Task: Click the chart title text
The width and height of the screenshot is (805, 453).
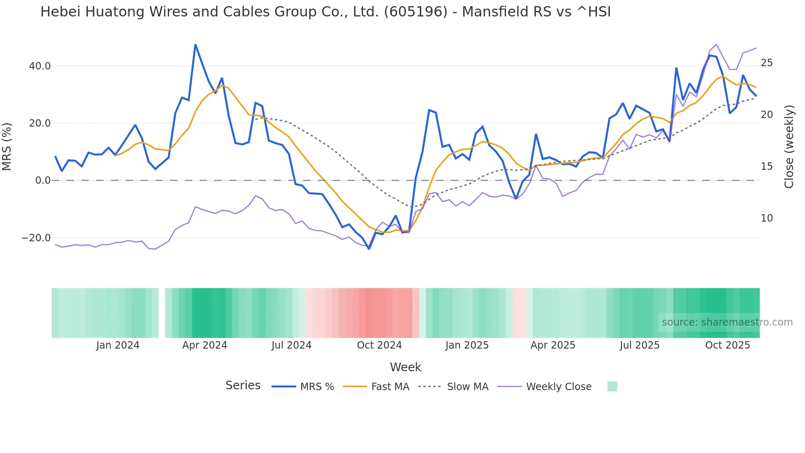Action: pyautogui.click(x=325, y=12)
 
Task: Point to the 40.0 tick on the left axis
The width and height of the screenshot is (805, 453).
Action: pyautogui.click(x=40, y=66)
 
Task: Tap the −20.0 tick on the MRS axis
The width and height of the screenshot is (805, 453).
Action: pyautogui.click(x=36, y=238)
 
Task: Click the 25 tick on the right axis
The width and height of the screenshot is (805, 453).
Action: pyautogui.click(x=766, y=63)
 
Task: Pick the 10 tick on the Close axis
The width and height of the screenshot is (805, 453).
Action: pyautogui.click(x=766, y=218)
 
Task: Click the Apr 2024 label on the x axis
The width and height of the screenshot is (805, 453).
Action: pyautogui.click(x=205, y=345)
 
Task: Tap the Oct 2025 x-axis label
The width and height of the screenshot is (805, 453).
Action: pyautogui.click(x=727, y=345)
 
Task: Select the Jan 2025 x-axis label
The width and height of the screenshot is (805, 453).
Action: pyautogui.click(x=467, y=345)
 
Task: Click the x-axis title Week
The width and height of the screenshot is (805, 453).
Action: pyautogui.click(x=405, y=367)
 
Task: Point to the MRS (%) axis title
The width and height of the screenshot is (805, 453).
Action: pyautogui.click(x=7, y=147)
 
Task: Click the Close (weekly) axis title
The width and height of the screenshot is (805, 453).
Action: pyautogui.click(x=789, y=147)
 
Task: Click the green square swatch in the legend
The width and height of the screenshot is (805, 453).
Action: pyautogui.click(x=612, y=386)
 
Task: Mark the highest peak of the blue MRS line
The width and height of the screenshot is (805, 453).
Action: pyautogui.click(x=195, y=44)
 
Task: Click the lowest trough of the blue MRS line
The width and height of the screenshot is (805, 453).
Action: pyautogui.click(x=369, y=249)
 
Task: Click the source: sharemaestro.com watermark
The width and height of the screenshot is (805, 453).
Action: pyautogui.click(x=727, y=322)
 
